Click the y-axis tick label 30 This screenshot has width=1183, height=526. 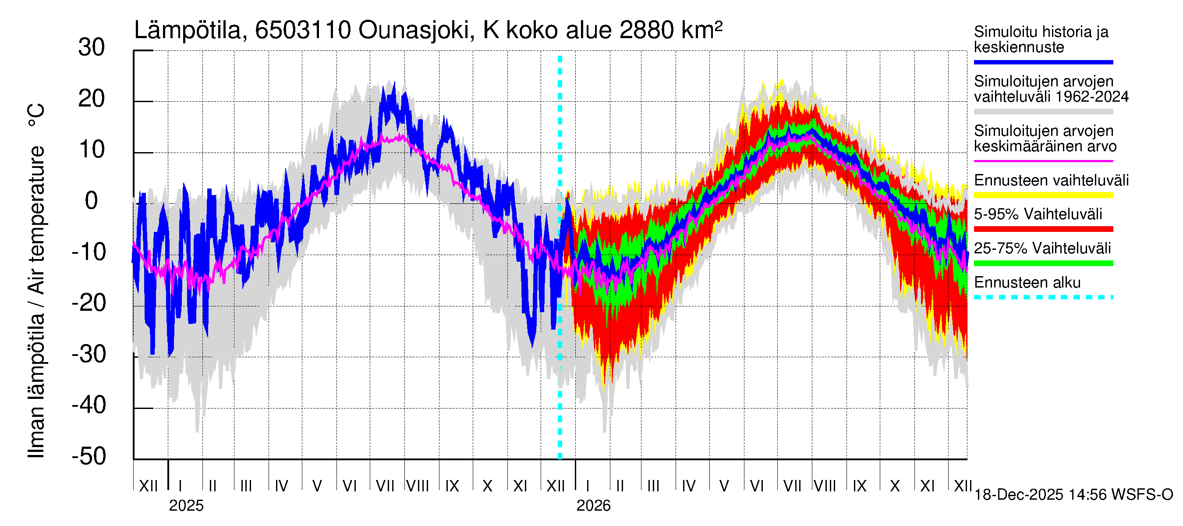pos(92,48)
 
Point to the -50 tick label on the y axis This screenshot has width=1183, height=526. pos(89,456)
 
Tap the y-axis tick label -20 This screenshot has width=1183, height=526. pos(89,303)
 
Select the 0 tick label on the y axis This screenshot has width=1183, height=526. pos(92,201)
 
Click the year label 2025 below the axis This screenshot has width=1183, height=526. pos(186,506)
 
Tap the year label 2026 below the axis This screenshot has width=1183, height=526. pos(593,506)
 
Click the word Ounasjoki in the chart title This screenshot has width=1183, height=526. pos(413,30)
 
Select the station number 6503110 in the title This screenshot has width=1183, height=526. pos(303,30)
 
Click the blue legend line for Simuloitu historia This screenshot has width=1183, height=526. pos(1043,62)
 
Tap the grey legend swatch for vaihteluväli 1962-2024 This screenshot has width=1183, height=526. pos(1043,112)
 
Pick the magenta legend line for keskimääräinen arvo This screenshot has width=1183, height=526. pos(1043,161)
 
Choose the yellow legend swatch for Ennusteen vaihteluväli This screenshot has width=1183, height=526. pos(1043,195)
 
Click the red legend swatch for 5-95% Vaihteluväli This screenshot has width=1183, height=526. pos(1043,229)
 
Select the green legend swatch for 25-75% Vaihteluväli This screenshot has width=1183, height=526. pos(1043,263)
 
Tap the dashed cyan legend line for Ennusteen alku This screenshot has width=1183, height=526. pos(1043,297)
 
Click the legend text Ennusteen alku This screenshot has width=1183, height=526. pos(1027,283)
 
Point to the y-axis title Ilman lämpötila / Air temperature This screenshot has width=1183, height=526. pos(36,280)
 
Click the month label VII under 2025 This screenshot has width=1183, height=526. pos(385,486)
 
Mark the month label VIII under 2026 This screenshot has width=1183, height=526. pos(825,486)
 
